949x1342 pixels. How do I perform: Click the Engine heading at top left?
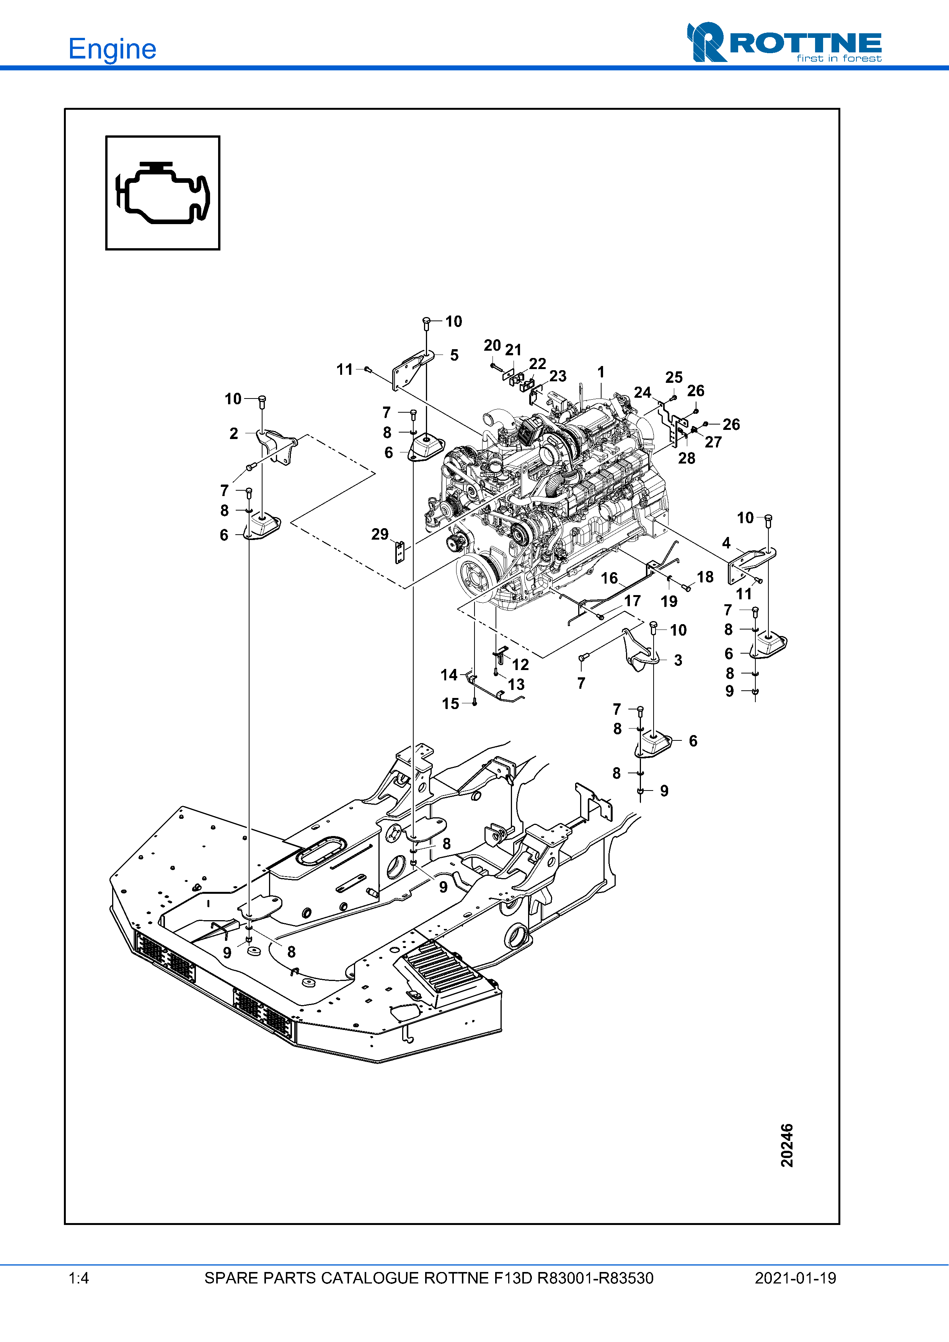click(x=112, y=49)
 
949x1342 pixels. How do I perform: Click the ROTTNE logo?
click(x=784, y=43)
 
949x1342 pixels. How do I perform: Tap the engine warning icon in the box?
click(x=163, y=193)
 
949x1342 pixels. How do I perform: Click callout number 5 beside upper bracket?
click(x=454, y=355)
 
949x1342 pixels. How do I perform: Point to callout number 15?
click(x=450, y=704)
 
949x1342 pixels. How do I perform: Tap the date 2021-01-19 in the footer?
click(x=795, y=1278)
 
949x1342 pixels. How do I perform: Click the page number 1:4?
click(x=78, y=1278)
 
